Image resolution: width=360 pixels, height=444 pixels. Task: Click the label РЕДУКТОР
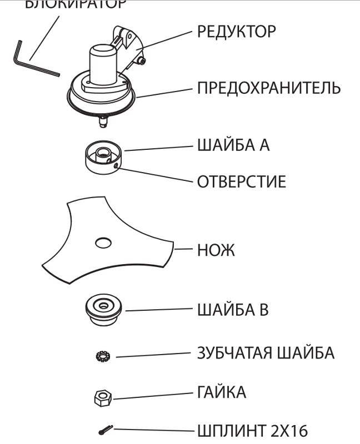(x=236, y=32)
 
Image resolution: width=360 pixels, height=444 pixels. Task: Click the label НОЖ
(x=216, y=251)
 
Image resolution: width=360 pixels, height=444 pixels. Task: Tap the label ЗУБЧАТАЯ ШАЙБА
(x=266, y=353)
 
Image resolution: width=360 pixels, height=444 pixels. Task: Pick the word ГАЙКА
(x=221, y=392)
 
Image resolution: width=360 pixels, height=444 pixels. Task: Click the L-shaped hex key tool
(x=33, y=61)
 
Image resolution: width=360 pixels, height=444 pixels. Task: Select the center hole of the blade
(x=103, y=242)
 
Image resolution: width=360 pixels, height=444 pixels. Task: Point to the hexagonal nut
(x=103, y=397)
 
